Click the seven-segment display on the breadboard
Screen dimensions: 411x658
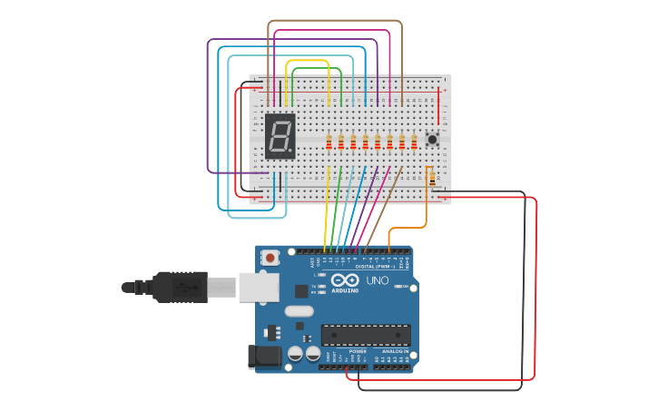[280, 137]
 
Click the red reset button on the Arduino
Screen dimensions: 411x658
[270, 259]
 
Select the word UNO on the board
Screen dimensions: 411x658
[377, 280]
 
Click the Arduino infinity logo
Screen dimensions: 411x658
[345, 280]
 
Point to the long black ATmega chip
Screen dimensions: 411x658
[365, 334]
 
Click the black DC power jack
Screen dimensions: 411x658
[263, 357]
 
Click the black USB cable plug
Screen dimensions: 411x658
[182, 287]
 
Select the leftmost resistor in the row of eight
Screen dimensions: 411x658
[329, 142]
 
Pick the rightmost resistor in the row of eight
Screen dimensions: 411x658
[414, 142]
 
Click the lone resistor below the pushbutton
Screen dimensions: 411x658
[431, 177]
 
